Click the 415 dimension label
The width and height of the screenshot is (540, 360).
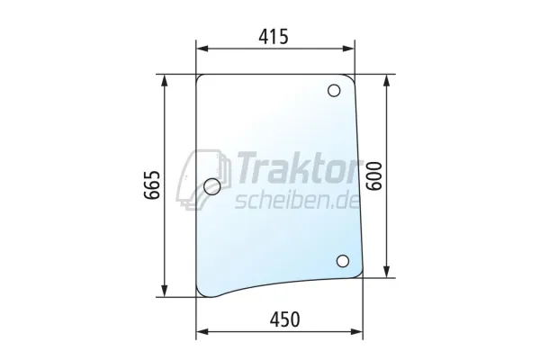click(x=274, y=37)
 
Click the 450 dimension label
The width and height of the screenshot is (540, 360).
click(x=284, y=319)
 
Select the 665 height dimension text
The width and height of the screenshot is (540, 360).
click(x=152, y=185)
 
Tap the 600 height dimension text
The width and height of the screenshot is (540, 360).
click(x=374, y=176)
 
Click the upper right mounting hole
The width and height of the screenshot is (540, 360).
click(x=334, y=91)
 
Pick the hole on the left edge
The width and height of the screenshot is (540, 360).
click(x=212, y=186)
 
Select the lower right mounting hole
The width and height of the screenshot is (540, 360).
click(x=343, y=261)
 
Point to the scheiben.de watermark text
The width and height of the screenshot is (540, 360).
click(x=298, y=200)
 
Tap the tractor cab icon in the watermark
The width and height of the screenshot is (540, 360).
click(x=204, y=179)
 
